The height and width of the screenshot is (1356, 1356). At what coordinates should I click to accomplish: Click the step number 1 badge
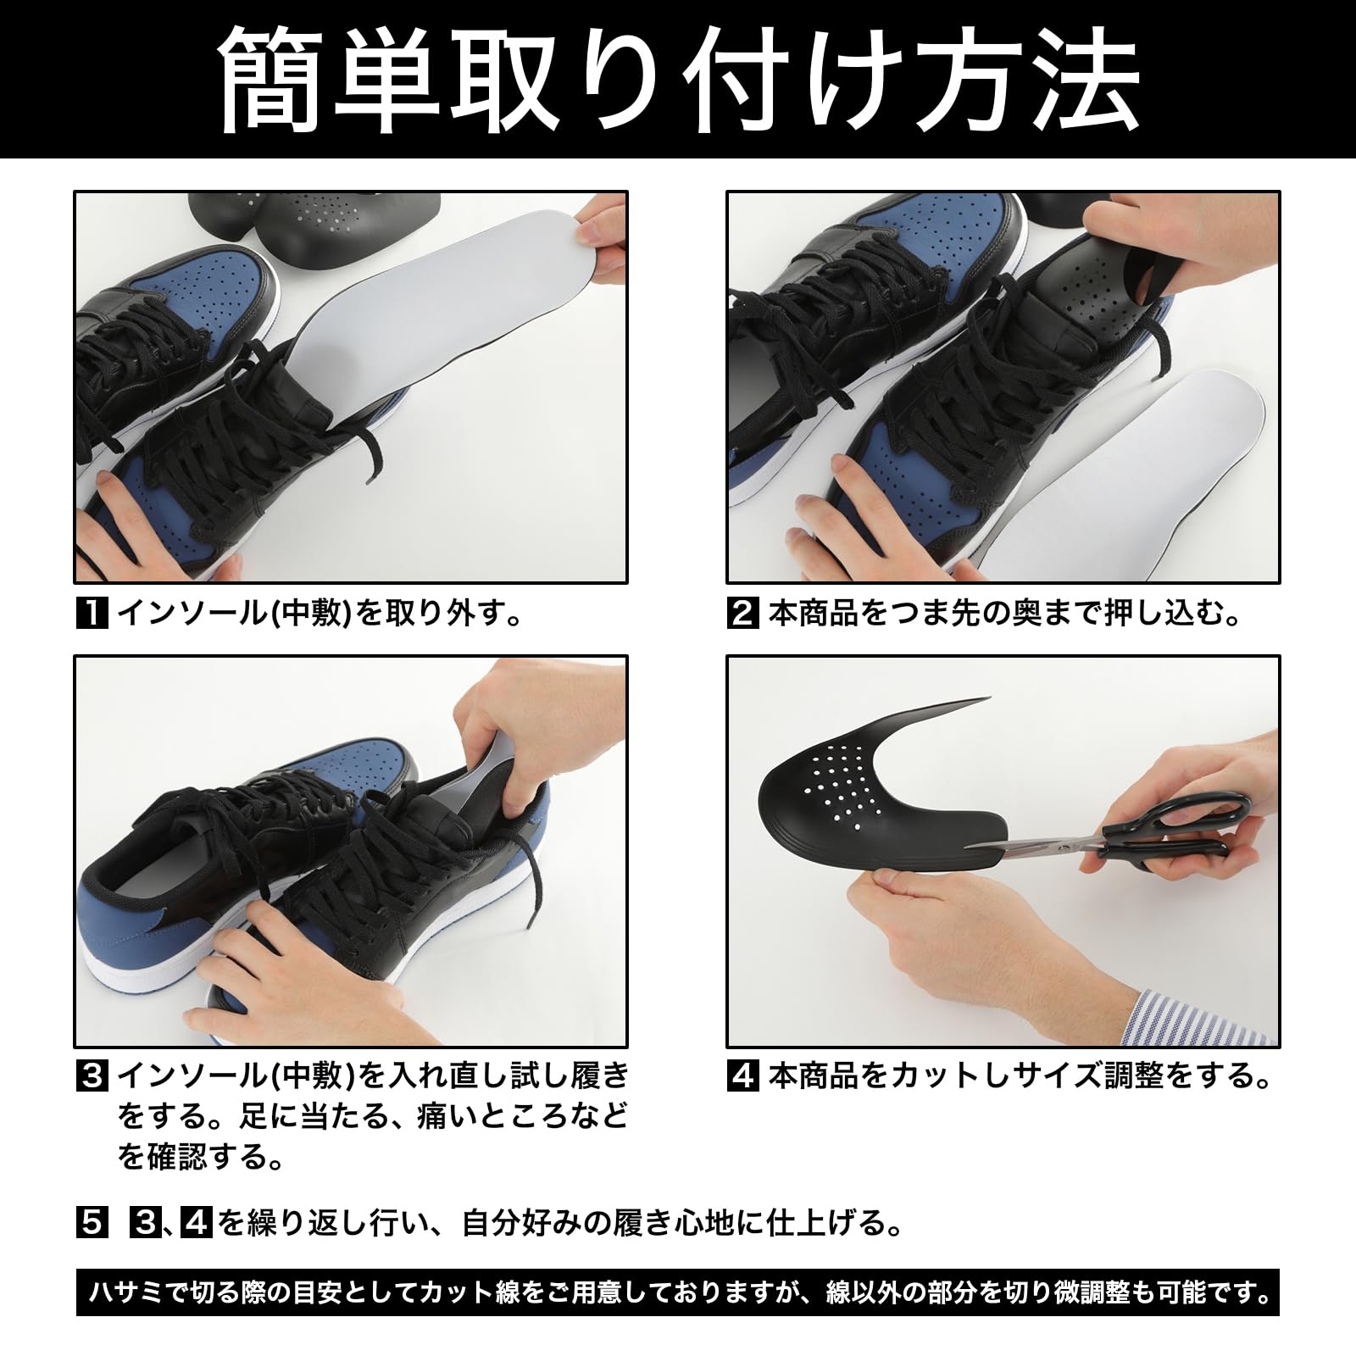92,613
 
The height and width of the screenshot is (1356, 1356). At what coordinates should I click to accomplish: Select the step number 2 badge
742,613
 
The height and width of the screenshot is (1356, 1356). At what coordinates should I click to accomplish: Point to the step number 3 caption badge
92,1076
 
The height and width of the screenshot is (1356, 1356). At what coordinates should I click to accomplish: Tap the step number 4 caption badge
742,1076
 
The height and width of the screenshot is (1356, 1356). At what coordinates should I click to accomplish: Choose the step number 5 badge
92,1223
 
